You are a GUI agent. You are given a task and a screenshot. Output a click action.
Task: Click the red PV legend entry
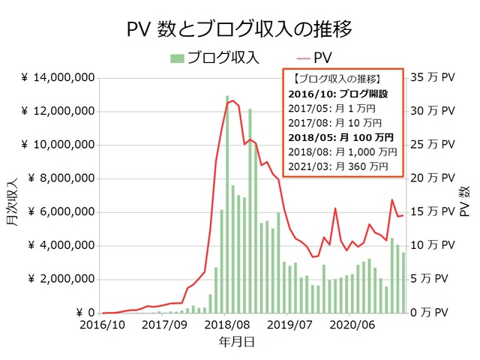(315, 58)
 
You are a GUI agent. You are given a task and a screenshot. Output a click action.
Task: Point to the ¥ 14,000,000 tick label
(58, 78)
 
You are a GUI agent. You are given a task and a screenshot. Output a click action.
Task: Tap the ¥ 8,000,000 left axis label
(61, 178)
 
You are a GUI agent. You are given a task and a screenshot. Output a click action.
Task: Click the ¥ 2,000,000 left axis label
(61, 279)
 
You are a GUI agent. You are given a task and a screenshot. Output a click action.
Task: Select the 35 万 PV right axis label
(432, 78)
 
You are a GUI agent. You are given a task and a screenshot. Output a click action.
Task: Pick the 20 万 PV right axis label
(432, 178)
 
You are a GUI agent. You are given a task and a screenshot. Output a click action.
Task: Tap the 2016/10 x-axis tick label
(102, 326)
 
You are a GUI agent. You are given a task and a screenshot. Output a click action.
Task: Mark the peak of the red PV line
(232, 100)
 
